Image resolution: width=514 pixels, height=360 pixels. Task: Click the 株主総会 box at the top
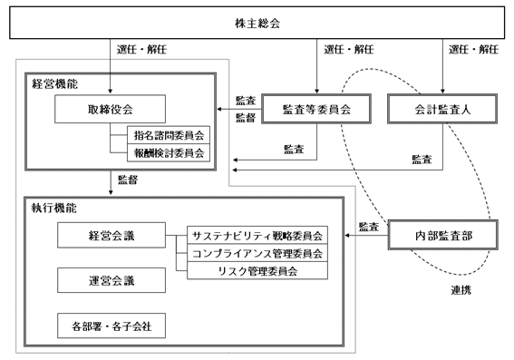[x=257, y=23]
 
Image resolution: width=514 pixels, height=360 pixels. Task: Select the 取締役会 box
[x=111, y=109]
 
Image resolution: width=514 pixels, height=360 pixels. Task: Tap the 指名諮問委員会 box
[x=169, y=135]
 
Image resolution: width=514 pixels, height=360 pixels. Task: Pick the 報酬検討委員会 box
[x=169, y=152]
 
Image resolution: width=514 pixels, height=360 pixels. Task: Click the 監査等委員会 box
[x=316, y=109]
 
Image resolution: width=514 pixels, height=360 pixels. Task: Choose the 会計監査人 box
[x=442, y=109]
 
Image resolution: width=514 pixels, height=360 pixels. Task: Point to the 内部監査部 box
[x=443, y=235]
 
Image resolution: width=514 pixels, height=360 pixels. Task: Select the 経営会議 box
[x=112, y=235]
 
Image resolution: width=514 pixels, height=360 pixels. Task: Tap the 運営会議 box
[x=112, y=280]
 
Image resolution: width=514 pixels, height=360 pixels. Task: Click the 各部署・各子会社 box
[x=112, y=326]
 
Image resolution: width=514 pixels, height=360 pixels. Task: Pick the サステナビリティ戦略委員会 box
[x=257, y=235]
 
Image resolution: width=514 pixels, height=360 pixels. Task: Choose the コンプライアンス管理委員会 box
[x=257, y=253]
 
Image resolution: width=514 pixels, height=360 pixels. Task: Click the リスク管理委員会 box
[x=257, y=270]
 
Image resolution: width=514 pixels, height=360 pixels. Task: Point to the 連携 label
[x=461, y=290]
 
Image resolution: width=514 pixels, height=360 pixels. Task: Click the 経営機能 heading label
[x=54, y=84]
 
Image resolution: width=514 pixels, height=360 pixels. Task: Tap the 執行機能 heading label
[x=54, y=208]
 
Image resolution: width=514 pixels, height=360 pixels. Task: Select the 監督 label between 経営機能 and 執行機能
[x=128, y=180]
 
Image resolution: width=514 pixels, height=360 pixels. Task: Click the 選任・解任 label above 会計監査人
[x=474, y=50]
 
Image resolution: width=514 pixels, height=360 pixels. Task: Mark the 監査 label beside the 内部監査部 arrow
[x=369, y=227]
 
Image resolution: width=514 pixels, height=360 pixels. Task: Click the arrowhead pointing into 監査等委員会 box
[x=316, y=92]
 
